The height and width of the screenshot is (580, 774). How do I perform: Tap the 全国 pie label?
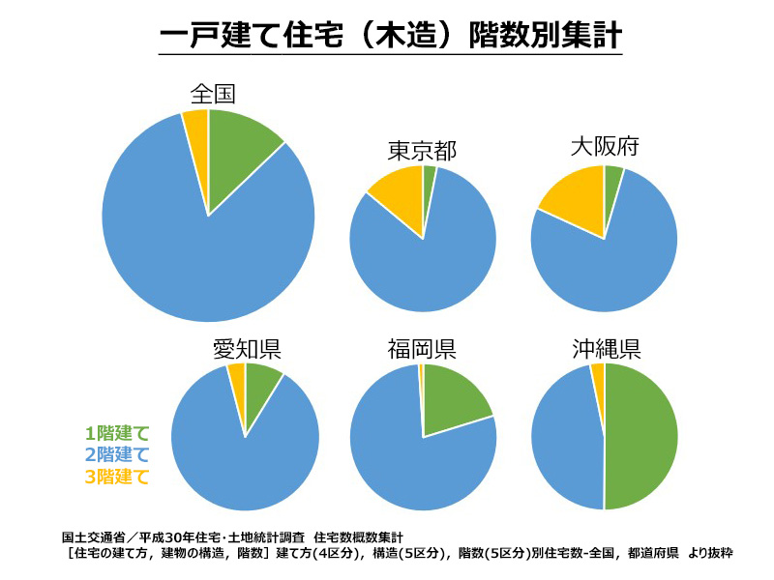click(x=214, y=94)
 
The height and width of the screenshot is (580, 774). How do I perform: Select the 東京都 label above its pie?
click(x=422, y=151)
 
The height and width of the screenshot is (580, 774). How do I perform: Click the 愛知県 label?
click(x=247, y=349)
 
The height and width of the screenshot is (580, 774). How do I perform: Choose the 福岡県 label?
click(x=422, y=348)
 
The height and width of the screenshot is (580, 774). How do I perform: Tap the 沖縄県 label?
click(x=606, y=348)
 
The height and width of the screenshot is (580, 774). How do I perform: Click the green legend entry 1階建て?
click(x=117, y=433)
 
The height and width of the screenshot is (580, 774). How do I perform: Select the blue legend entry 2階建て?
click(x=117, y=454)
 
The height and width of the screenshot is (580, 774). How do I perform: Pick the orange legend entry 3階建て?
click(x=117, y=476)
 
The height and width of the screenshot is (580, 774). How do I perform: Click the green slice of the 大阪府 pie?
click(x=611, y=183)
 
